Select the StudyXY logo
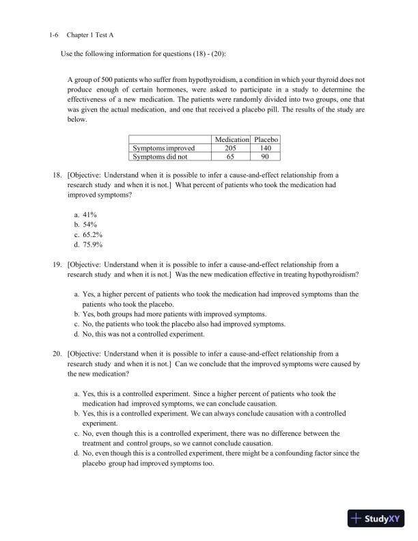(x=376, y=518)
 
